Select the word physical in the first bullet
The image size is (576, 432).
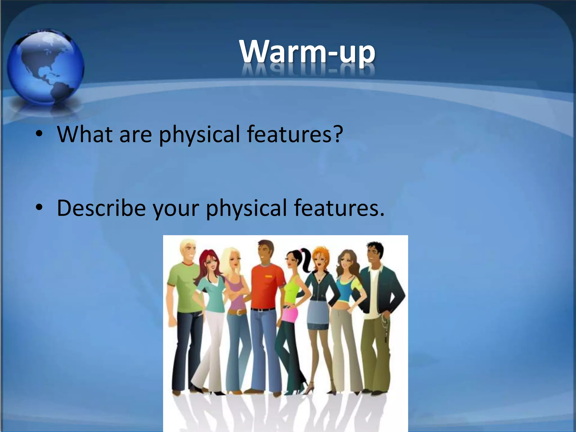coord(199,134)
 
